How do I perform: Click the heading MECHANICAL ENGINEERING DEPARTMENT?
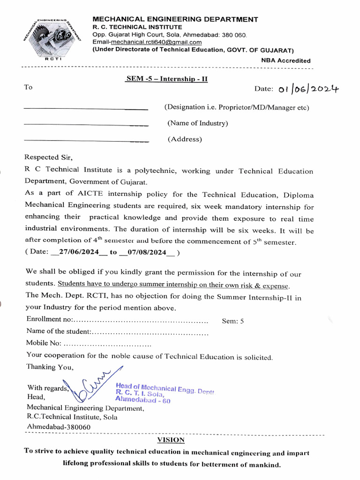pyautogui.click(x=175, y=19)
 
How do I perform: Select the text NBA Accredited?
pyautogui.click(x=285, y=60)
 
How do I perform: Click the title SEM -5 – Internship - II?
pyautogui.click(x=166, y=79)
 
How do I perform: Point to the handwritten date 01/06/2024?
pyautogui.click(x=309, y=89)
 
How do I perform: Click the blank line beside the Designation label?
pyautogui.click(x=85, y=109)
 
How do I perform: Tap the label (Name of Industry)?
pyautogui.click(x=197, y=123)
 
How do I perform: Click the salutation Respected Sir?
pyautogui.click(x=49, y=157)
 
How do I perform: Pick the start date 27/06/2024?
pyautogui.click(x=78, y=252)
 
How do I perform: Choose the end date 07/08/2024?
pyautogui.click(x=146, y=252)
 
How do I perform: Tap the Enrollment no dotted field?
pyautogui.click(x=141, y=320)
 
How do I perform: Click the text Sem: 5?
pyautogui.click(x=233, y=321)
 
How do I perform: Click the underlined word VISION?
pyautogui.click(x=171, y=440)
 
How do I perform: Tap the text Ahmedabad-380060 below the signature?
pyautogui.click(x=59, y=427)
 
